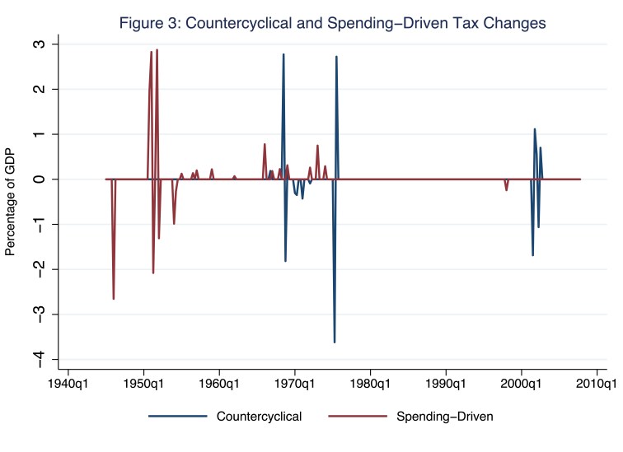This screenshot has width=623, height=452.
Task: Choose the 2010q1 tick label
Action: (598, 384)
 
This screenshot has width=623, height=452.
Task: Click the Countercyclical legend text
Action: (259, 417)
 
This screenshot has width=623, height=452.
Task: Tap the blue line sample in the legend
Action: (177, 417)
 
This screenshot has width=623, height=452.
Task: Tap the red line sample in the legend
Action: (361, 417)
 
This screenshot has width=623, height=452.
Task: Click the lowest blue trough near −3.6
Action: (335, 342)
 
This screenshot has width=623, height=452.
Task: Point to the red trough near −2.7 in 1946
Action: (114, 299)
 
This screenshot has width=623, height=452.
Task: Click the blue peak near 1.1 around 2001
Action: (535, 129)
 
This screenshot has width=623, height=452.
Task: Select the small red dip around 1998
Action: (507, 190)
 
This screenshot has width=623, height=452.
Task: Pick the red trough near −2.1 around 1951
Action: (153, 273)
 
